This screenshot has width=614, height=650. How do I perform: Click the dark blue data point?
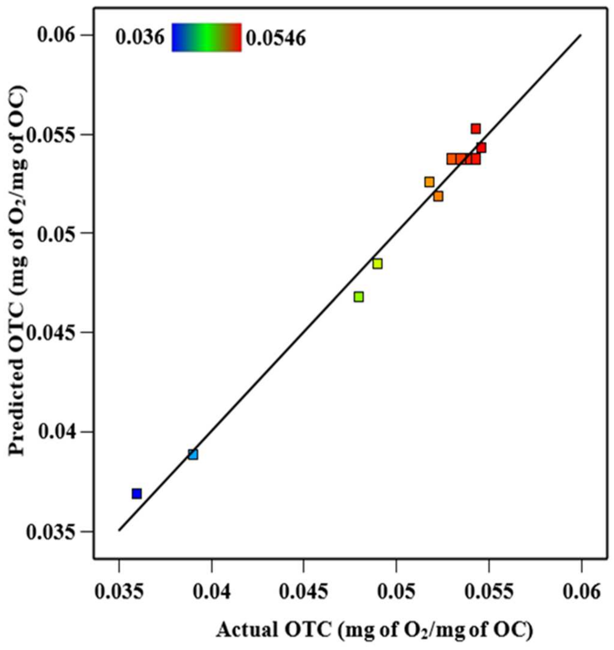pos(137,494)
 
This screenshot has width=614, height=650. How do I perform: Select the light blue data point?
pos(193,455)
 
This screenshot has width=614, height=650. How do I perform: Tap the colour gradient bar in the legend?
pos(206,37)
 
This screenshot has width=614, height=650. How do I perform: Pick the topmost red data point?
pos(476,129)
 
